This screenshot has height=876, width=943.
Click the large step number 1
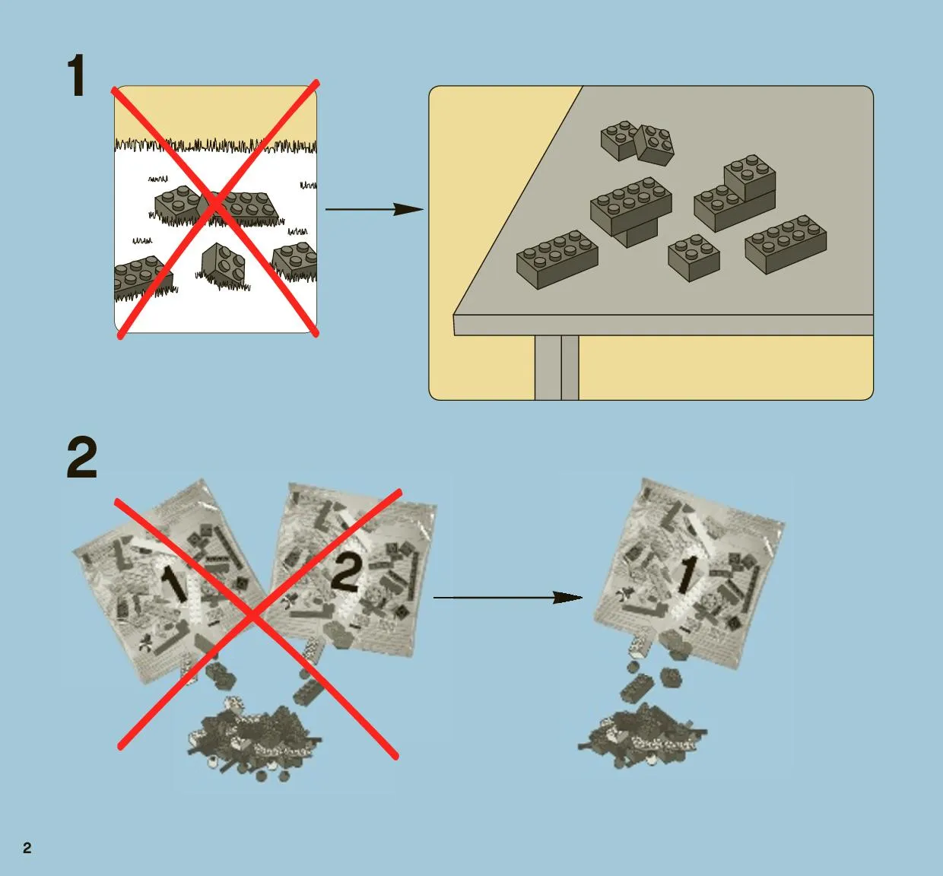tap(77, 75)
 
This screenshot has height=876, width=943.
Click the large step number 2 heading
tap(81, 457)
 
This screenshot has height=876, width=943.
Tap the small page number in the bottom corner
tap(27, 848)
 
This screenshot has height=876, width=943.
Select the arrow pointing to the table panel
tap(374, 209)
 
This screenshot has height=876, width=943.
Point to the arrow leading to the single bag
tap(508, 597)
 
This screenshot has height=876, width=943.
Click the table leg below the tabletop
tap(557, 367)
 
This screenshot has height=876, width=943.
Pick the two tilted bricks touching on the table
tap(637, 142)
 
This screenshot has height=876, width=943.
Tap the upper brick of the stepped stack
tap(749, 176)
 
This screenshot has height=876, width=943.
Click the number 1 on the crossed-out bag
tap(174, 585)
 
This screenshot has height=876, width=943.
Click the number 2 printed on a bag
tap(346, 573)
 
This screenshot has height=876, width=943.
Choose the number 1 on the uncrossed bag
tap(687, 576)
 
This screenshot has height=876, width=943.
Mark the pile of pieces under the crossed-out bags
tap(254, 739)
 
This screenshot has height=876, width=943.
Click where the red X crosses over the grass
tap(215, 203)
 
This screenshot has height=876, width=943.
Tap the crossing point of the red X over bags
tap(253, 617)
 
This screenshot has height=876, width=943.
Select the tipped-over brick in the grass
tap(223, 264)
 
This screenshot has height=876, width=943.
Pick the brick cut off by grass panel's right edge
tap(295, 259)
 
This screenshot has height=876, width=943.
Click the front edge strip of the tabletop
tap(663, 325)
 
